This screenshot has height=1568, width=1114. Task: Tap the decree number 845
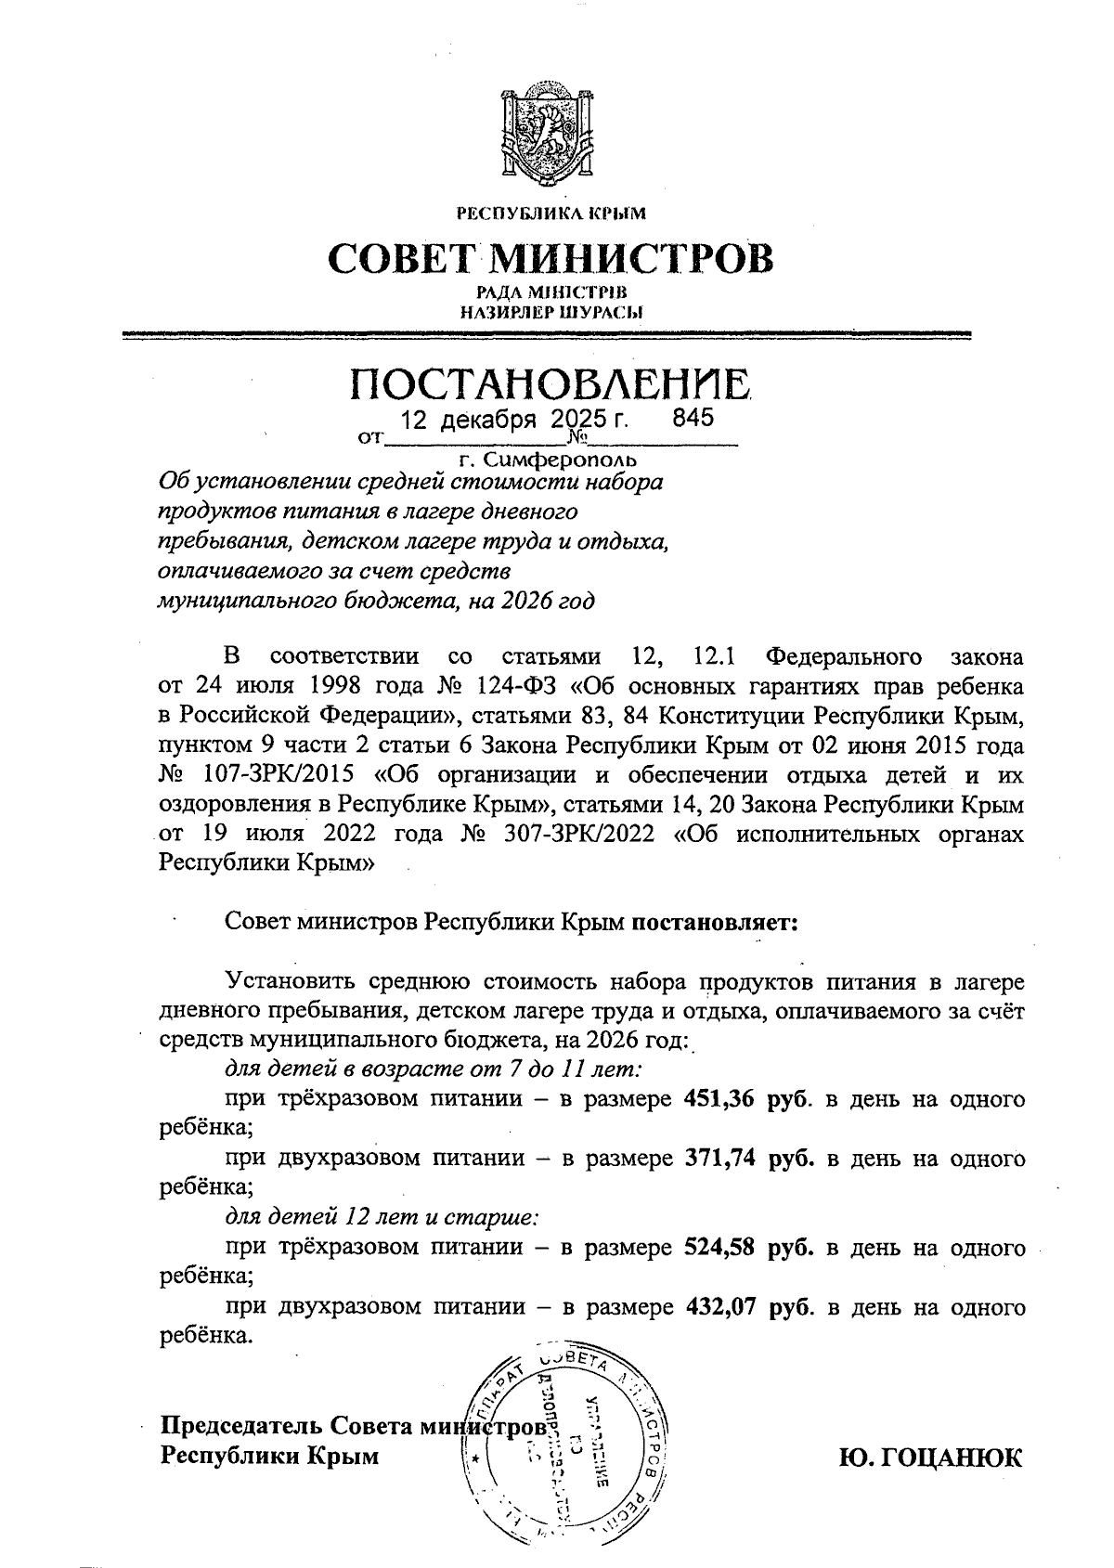click(693, 418)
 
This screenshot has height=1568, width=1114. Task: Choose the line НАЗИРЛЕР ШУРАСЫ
click(551, 312)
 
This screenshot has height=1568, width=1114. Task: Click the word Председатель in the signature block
click(242, 1425)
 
